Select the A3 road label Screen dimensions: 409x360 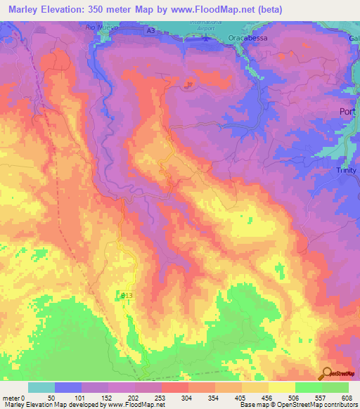tap(150, 30)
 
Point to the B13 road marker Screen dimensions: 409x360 tap(127, 296)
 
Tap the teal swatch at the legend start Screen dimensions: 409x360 tap(41, 387)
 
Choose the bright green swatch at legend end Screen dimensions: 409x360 tap(335, 387)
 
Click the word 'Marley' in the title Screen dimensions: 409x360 tap(23, 8)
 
